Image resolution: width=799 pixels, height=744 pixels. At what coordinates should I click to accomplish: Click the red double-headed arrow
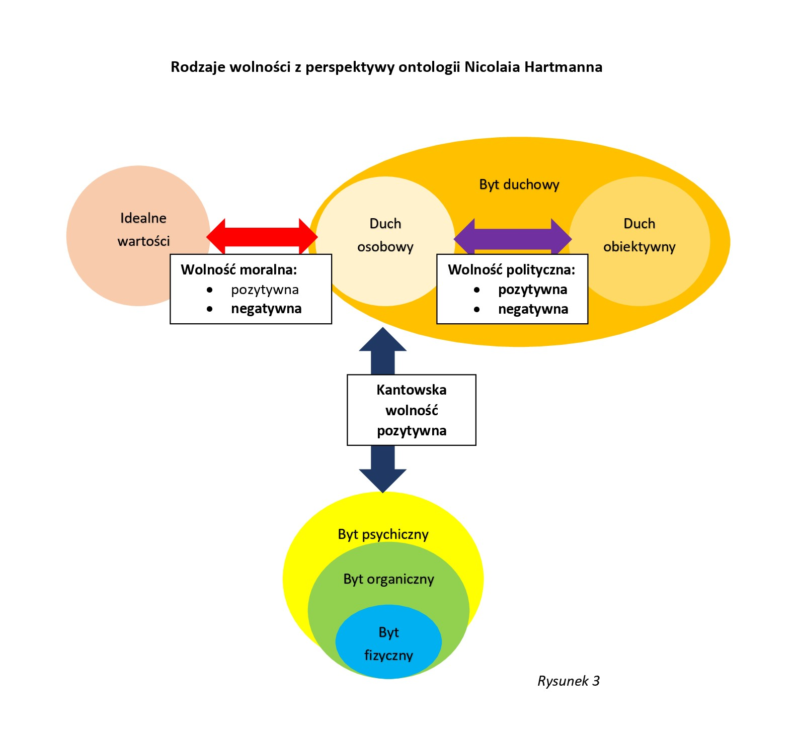pos(262,236)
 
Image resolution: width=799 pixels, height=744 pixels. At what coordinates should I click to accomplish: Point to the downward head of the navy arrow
pos(383,480)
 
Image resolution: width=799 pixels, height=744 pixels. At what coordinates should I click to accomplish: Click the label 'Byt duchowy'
pos(519,184)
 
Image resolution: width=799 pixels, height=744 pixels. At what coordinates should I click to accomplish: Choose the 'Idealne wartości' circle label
pos(143,230)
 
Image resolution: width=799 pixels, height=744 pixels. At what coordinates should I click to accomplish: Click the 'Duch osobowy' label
pos(385,235)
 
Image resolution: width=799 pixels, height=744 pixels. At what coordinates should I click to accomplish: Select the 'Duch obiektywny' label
pos(639,235)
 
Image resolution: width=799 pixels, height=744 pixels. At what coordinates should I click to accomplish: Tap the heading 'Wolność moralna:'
pos(239,270)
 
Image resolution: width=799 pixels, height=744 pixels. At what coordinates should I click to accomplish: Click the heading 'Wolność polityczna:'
pos(511,270)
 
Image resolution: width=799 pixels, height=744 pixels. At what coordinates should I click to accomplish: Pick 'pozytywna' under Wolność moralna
pos(265,290)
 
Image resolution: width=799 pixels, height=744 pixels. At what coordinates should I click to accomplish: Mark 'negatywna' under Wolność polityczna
pos(533,309)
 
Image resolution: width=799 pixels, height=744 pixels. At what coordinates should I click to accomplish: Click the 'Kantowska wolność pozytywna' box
pos(412,410)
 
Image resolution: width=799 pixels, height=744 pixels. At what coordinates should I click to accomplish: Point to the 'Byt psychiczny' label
pos(383,534)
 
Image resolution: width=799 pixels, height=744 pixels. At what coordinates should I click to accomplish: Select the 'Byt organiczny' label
pos(388,579)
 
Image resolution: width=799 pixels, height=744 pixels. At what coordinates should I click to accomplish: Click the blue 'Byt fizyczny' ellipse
pos(388,643)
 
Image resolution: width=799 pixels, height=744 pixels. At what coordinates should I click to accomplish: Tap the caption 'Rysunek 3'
pos(569,681)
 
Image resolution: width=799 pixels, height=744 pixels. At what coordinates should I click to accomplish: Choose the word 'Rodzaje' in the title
pos(198,67)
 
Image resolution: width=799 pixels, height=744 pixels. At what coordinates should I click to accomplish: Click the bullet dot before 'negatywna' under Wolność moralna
pos(210,309)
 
